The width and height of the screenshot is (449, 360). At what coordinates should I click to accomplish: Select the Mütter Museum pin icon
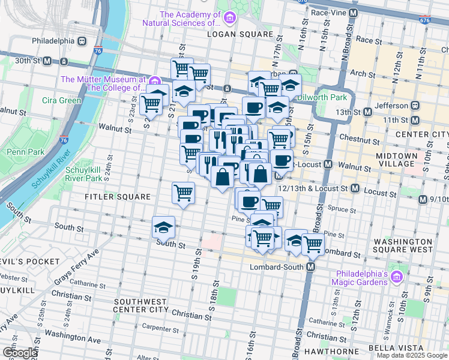pos(154,81)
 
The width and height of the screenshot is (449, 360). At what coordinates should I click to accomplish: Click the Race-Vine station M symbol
pos(353,12)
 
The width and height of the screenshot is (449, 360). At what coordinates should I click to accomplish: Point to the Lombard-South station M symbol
pos(311,266)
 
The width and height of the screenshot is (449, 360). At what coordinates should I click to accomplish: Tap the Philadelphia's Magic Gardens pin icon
pos(396,277)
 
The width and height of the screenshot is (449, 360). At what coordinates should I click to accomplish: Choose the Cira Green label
pos(61,100)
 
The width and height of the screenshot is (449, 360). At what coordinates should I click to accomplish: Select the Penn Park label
pos(25,152)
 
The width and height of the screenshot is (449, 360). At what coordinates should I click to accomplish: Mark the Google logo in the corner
pos(20,353)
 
